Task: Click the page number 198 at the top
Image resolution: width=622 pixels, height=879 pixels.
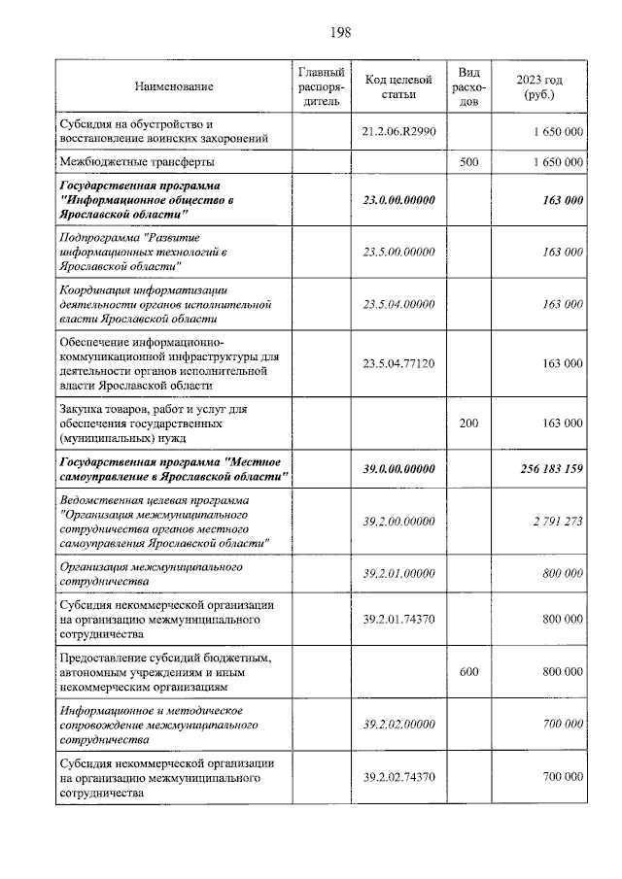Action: pyautogui.click(x=339, y=32)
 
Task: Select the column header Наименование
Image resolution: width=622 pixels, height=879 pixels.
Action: pyautogui.click(x=174, y=86)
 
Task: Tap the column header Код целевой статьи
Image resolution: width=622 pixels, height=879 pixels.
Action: pyautogui.click(x=397, y=86)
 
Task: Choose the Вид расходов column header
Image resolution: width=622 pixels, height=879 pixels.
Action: pyautogui.click(x=468, y=86)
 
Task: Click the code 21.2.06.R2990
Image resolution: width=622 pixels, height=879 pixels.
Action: pyautogui.click(x=397, y=131)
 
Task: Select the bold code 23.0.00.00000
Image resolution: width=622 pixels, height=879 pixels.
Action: pyautogui.click(x=397, y=199)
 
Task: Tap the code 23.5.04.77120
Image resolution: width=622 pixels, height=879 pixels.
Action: pyautogui.click(x=397, y=363)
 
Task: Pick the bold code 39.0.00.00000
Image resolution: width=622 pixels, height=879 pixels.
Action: pyautogui.click(x=397, y=468)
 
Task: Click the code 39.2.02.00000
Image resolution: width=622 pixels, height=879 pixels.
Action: pyautogui.click(x=397, y=724)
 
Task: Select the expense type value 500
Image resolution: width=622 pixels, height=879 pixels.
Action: pyautogui.click(x=468, y=162)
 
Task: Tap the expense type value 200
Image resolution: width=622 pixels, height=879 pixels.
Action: pyautogui.click(x=468, y=423)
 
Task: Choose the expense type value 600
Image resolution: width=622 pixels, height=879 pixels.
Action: pyautogui.click(x=468, y=671)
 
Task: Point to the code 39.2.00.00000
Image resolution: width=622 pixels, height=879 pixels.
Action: pyautogui.click(x=397, y=522)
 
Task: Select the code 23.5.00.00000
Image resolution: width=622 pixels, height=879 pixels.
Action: pyautogui.click(x=397, y=252)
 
